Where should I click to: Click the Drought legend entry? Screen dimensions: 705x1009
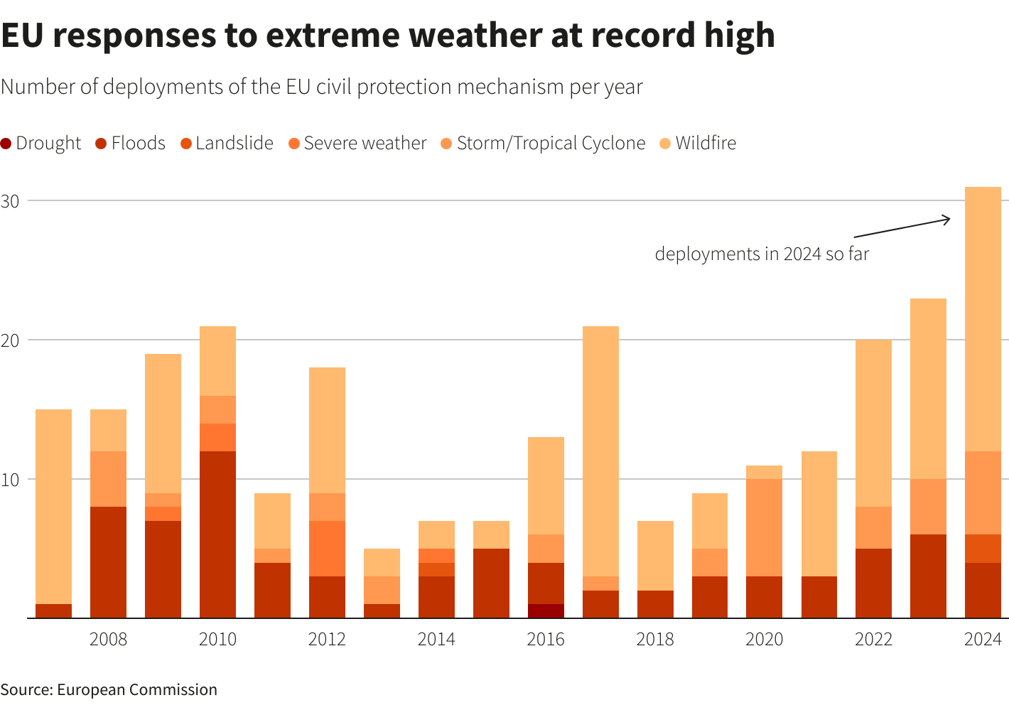click(x=41, y=144)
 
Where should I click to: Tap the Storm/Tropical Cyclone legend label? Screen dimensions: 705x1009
click(x=543, y=144)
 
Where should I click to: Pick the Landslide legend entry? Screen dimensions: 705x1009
click(x=227, y=144)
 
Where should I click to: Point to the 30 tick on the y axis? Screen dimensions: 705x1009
click(x=10, y=201)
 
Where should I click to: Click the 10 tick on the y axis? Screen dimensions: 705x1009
click(x=10, y=480)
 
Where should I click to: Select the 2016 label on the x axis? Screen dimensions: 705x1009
click(x=546, y=640)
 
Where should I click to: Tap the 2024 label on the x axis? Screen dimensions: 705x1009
click(x=983, y=640)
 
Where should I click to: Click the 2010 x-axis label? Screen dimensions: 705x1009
click(x=217, y=640)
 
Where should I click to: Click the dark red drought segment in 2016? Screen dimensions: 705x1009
click(x=546, y=611)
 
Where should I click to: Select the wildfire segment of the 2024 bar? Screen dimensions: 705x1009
click(x=983, y=319)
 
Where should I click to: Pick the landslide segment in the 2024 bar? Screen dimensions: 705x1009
click(x=983, y=549)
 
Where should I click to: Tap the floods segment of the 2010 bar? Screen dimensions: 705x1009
click(x=217, y=534)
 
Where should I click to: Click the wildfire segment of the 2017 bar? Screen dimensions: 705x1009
click(x=600, y=451)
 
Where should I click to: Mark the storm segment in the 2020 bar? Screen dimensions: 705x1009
click(x=764, y=528)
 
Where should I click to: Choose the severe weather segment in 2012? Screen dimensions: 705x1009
click(x=327, y=549)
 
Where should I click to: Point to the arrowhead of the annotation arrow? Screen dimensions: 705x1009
click(x=949, y=219)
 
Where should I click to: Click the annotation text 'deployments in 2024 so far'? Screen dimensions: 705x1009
click(x=762, y=254)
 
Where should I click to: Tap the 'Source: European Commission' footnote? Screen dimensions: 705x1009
click(x=109, y=689)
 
